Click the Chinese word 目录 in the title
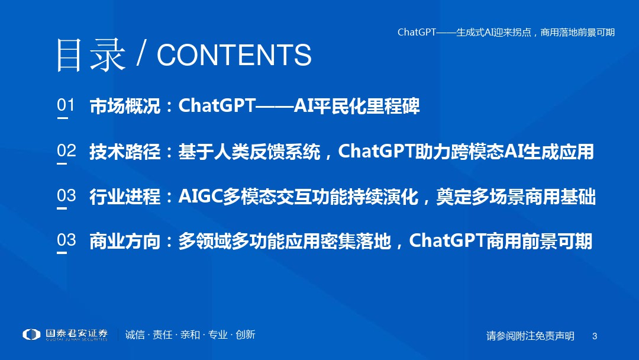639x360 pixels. [x=91, y=55]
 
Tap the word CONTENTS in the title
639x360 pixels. [x=234, y=55]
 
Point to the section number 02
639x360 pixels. [x=66, y=150]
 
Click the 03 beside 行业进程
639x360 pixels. [x=66, y=195]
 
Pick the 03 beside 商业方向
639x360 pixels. [x=66, y=240]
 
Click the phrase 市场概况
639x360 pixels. [x=125, y=106]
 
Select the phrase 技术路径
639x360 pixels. [x=125, y=151]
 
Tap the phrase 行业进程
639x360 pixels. [x=125, y=197]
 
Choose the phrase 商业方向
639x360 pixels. [x=125, y=241]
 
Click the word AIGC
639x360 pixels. [x=200, y=197]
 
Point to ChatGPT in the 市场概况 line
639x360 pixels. [x=217, y=105]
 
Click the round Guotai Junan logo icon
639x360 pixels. [x=31, y=335]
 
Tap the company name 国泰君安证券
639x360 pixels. [x=76, y=333]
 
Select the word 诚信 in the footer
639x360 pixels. [x=135, y=335]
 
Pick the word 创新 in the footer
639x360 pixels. [x=246, y=335]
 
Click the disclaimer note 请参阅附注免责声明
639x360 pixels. [x=530, y=336]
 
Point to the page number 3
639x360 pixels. [x=595, y=336]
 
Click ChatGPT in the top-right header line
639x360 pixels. [x=417, y=32]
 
